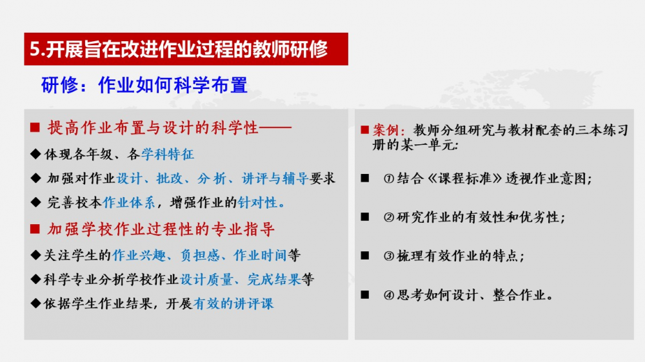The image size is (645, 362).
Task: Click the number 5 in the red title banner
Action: tap(35, 50)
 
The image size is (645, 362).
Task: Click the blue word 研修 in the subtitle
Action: tap(59, 86)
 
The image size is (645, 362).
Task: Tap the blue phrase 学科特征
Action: tap(168, 154)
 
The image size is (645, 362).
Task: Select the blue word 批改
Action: tap(170, 178)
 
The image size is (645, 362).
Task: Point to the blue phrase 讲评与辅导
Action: tap(275, 178)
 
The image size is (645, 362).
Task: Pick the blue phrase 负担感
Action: tap(200, 255)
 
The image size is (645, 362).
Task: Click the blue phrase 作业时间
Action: tap(260, 255)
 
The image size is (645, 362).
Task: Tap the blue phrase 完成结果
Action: tap(274, 280)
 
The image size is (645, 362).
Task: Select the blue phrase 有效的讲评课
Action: tap(233, 303)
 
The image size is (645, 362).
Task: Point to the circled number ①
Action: tap(389, 178)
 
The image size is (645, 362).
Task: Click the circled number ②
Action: tap(389, 217)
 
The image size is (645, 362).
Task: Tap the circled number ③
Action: tap(389, 256)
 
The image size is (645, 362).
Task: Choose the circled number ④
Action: tap(389, 295)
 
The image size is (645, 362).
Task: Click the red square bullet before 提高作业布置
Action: tap(35, 128)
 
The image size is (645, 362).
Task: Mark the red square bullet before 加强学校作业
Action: tap(35, 229)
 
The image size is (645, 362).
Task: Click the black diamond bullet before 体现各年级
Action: tap(35, 154)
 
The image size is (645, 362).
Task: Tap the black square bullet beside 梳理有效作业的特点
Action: tap(365, 256)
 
